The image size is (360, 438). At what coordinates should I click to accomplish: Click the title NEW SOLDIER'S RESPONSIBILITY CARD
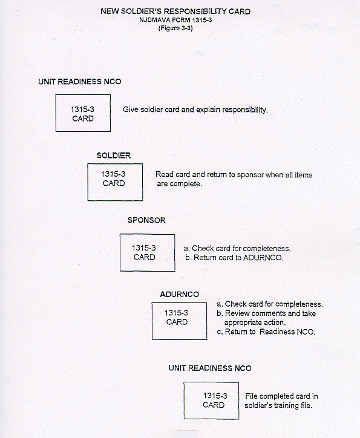(x=175, y=11)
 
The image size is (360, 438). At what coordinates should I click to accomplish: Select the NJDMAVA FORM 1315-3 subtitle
(x=175, y=20)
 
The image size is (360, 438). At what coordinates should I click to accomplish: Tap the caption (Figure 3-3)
(x=175, y=28)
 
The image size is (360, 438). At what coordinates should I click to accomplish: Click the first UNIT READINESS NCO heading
(x=80, y=82)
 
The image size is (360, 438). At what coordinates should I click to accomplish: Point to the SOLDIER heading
(x=113, y=155)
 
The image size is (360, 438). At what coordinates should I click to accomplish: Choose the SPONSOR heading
(x=146, y=220)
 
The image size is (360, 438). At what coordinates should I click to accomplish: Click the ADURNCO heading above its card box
(x=179, y=294)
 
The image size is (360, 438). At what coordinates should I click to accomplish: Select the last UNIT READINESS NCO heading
(x=210, y=368)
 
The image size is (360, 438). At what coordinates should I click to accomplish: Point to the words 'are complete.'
(x=179, y=184)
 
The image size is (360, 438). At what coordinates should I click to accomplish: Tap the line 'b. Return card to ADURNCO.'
(x=234, y=257)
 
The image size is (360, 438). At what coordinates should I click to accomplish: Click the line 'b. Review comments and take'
(x=266, y=313)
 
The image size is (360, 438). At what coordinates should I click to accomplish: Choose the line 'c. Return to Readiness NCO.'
(x=266, y=332)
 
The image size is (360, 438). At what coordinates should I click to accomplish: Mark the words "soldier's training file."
(x=278, y=405)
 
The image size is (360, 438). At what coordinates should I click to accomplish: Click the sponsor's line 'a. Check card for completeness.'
(x=237, y=248)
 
